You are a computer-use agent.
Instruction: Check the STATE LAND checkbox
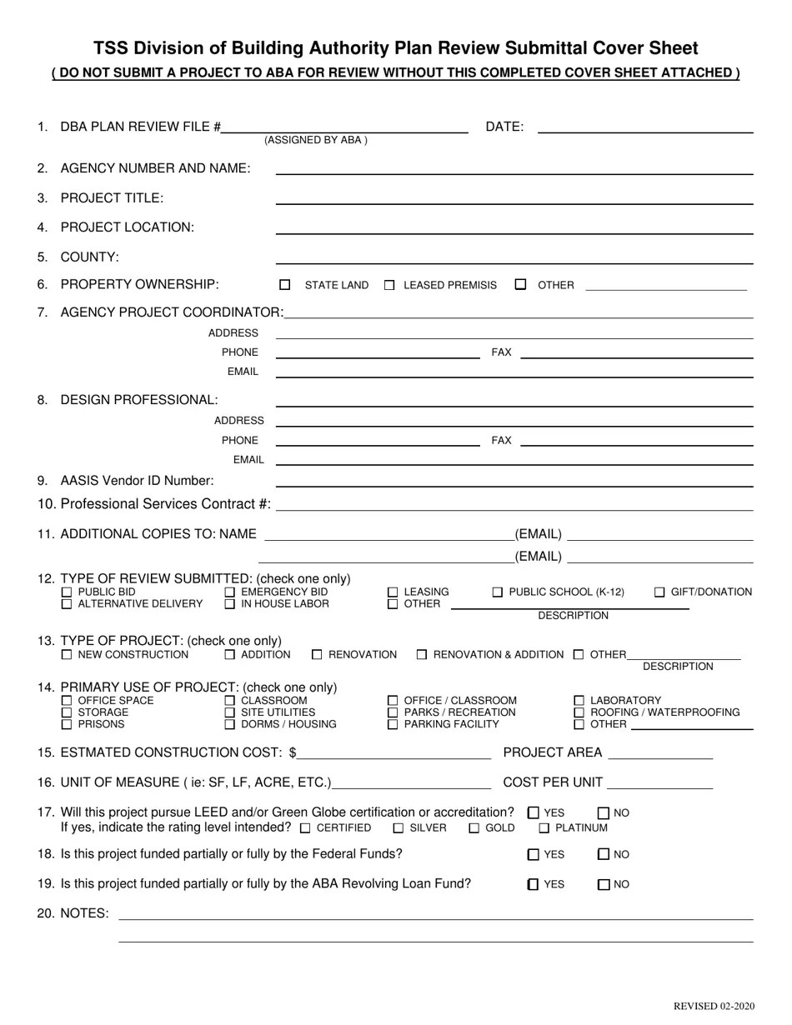pyautogui.click(x=285, y=285)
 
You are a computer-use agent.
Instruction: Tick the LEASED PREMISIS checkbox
pyautogui.click(x=389, y=285)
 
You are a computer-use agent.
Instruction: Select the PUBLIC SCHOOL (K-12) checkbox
pyautogui.click(x=498, y=592)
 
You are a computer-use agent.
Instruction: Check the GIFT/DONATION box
pyautogui.click(x=659, y=592)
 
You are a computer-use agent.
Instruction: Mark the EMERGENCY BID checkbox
pyautogui.click(x=230, y=592)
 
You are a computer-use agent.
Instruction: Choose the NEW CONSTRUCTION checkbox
pyautogui.click(x=67, y=655)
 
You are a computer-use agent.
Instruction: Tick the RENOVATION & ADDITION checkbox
pyautogui.click(x=422, y=655)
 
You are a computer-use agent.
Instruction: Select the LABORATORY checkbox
pyautogui.click(x=579, y=701)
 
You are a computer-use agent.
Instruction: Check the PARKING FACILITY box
pyautogui.click(x=393, y=725)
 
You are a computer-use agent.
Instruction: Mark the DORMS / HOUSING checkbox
pyautogui.click(x=230, y=725)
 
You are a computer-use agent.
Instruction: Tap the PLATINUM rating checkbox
pyautogui.click(x=544, y=828)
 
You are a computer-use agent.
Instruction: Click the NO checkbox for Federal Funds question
pyautogui.click(x=604, y=854)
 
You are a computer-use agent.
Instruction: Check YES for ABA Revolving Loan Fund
pyautogui.click(x=534, y=884)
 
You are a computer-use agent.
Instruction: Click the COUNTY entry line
pyautogui.click(x=514, y=257)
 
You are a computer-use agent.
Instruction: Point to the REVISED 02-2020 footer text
pyautogui.click(x=714, y=1007)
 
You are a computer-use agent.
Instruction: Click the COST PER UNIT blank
pyautogui.click(x=661, y=783)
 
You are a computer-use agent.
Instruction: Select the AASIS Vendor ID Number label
pyautogui.click(x=137, y=481)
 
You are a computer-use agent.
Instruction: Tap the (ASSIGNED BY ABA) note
pyautogui.click(x=316, y=140)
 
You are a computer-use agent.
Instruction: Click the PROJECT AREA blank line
pyautogui.click(x=660, y=753)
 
